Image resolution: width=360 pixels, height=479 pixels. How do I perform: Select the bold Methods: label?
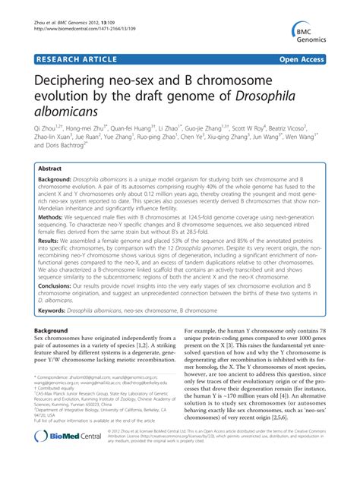click(54, 238)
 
